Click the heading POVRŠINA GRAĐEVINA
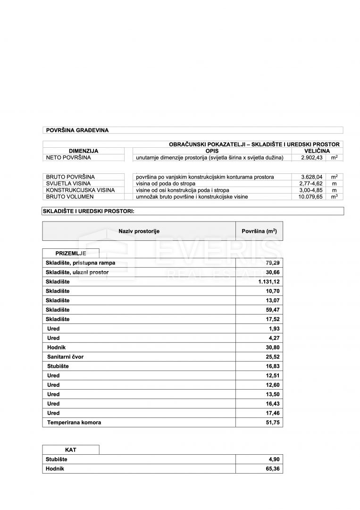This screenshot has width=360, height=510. point(77,130)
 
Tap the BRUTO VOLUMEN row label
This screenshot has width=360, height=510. point(69,197)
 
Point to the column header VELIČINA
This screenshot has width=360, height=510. point(317,151)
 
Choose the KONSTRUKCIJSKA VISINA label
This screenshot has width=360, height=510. point(80,190)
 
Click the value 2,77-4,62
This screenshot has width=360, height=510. point(311,184)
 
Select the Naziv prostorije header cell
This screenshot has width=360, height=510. point(139,231)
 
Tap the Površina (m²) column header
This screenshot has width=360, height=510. point(259,231)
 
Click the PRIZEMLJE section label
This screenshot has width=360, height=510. point(71,254)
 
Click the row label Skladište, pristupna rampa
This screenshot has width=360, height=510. point(80,263)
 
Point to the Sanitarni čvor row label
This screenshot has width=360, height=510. point(65,357)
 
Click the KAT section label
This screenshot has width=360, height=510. point(71,450)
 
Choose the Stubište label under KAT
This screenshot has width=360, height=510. point(57,459)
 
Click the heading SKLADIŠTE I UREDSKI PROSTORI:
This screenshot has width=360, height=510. point(89,211)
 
